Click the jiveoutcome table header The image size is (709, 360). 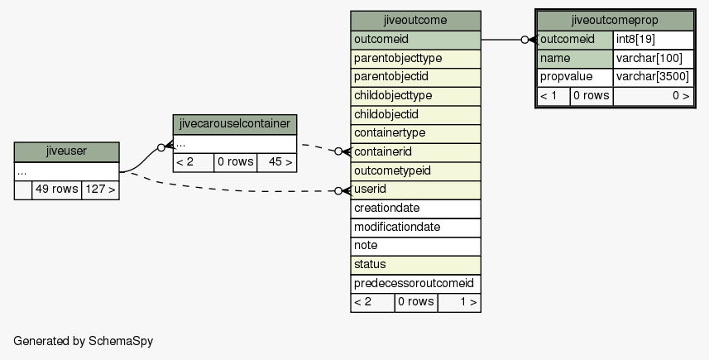tap(415, 21)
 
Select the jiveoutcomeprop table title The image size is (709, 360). tap(615, 21)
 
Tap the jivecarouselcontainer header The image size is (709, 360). tap(235, 124)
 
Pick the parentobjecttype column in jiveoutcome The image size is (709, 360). tap(415, 59)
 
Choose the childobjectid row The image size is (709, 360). tap(415, 115)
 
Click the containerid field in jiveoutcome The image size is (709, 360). tap(415, 152)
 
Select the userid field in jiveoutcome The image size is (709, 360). tap(415, 190)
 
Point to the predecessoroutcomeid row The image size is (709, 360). tap(415, 284)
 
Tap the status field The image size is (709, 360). tap(415, 265)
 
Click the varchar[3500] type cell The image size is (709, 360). tap(653, 77)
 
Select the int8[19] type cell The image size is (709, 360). tap(653, 40)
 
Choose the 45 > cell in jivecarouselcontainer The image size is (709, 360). tap(276, 163)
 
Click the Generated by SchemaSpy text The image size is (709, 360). tap(84, 341)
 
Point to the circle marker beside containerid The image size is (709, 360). tap(338, 151)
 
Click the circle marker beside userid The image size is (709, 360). tap(338, 191)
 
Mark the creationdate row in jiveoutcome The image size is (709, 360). tap(415, 209)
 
